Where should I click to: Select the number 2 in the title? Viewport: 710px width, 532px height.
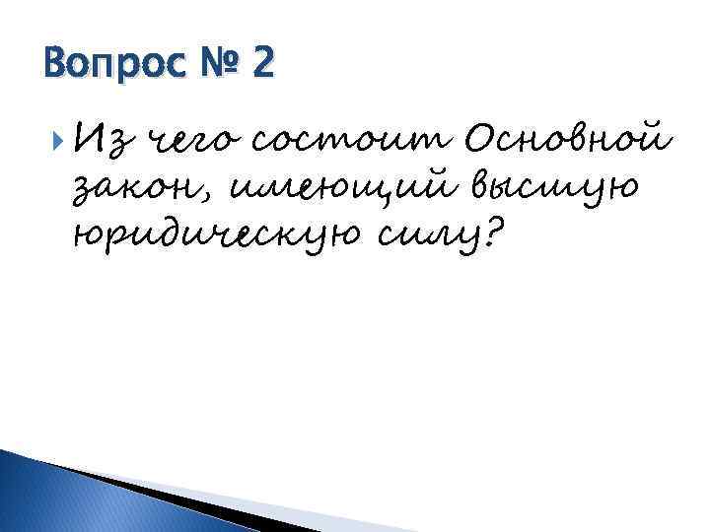click(263, 65)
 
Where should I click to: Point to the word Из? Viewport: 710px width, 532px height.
click(101, 145)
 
